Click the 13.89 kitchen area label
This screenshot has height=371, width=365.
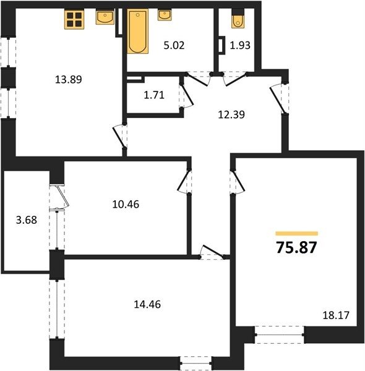coord(69,79)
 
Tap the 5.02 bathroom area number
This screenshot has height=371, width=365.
coord(174,45)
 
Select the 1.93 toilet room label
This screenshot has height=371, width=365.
coord(240,45)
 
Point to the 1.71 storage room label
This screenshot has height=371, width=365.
coord(154,95)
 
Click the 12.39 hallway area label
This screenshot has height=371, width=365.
coord(231,114)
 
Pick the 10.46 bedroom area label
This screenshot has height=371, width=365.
coord(126,204)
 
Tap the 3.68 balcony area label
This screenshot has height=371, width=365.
coord(27,220)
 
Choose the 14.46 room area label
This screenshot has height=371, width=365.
coord(147,304)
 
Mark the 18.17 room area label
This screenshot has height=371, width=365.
coord(336,315)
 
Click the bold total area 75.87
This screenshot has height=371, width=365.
coord(296,247)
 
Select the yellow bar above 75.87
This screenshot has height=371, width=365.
coord(296,234)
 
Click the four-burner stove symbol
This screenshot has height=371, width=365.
coord(74,19)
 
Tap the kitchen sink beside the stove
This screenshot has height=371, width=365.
coord(105,17)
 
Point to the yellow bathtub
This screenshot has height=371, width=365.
coord(138,32)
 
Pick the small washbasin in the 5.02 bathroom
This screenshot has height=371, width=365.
coord(165,15)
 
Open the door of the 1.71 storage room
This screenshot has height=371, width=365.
coord(187,96)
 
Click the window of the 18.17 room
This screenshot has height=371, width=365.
coord(280,335)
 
